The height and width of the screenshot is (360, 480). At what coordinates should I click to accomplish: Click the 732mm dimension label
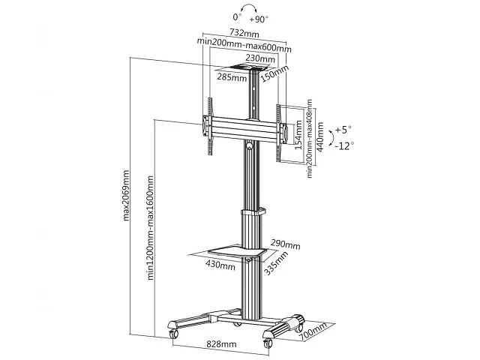pyautogui.click(x=244, y=33)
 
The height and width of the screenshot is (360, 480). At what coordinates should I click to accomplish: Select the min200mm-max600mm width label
pyautogui.click(x=244, y=45)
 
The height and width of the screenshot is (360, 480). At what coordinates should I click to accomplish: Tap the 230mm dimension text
pyautogui.click(x=260, y=58)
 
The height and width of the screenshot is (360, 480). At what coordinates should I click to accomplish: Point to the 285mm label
pyautogui.click(x=232, y=77)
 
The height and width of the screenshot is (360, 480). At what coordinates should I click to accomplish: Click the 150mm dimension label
pyautogui.click(x=274, y=74)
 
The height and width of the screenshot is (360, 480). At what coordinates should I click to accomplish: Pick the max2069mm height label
pyautogui.click(x=126, y=195)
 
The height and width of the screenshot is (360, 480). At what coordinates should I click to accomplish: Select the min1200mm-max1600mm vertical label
pyautogui.click(x=150, y=227)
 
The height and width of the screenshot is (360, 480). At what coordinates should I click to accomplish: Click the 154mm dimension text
pyautogui.click(x=298, y=135)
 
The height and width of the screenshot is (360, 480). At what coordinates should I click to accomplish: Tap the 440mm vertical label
pyautogui.click(x=320, y=136)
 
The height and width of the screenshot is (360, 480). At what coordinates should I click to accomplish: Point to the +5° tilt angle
pyautogui.click(x=343, y=130)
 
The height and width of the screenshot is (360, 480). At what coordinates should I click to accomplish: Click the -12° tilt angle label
pyautogui.click(x=344, y=145)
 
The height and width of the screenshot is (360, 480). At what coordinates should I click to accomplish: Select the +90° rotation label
pyautogui.click(x=259, y=19)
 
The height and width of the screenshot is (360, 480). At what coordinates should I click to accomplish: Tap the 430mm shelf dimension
pyautogui.click(x=220, y=265)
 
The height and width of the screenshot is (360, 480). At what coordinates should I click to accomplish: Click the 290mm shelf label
pyautogui.click(x=285, y=244)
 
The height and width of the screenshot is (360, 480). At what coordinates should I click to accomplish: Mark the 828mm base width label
pyautogui.click(x=221, y=344)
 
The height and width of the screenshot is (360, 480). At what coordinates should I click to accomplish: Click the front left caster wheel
pyautogui.click(x=173, y=334)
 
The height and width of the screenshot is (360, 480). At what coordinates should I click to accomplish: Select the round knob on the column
pyautogui.click(x=250, y=145)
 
